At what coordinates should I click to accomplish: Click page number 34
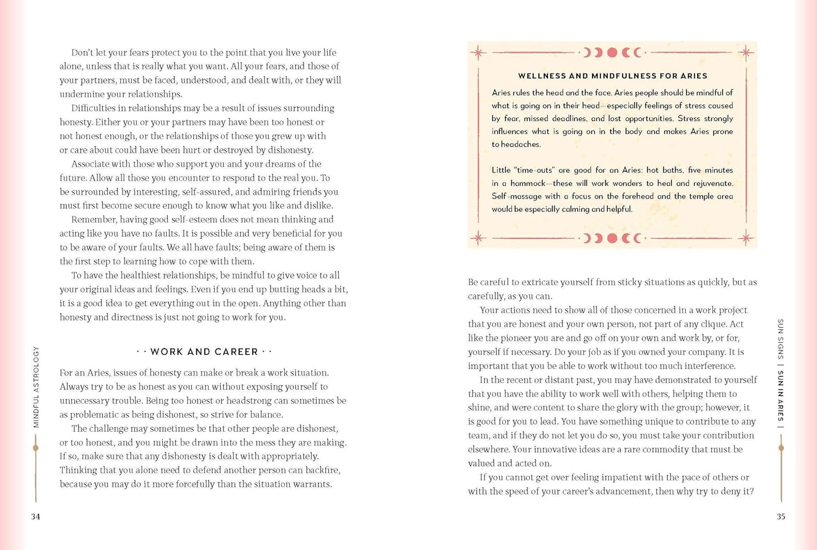(36, 517)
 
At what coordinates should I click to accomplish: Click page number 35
(781, 517)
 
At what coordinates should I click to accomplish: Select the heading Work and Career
(204, 352)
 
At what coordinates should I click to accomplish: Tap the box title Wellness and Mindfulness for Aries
(612, 76)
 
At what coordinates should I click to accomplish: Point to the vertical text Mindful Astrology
(36, 387)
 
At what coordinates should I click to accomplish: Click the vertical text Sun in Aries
(781, 396)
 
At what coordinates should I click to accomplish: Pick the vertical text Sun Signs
(781, 339)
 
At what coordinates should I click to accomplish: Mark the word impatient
(610, 477)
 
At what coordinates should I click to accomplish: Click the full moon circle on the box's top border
(612, 53)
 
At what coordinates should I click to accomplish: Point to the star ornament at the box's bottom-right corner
(746, 238)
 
